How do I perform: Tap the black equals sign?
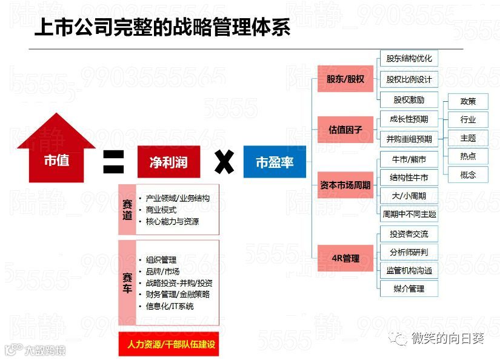pyautogui.click(x=113, y=162)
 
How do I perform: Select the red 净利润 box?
pyautogui.click(x=168, y=162)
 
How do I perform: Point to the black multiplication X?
pyautogui.click(x=224, y=162)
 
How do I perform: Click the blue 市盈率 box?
pyautogui.click(x=275, y=162)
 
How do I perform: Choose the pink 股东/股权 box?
pyautogui.click(x=345, y=79)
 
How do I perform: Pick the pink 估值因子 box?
pyautogui.click(x=345, y=129)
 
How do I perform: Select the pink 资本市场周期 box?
pyautogui.click(x=345, y=185)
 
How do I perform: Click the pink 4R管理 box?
pyautogui.click(x=345, y=258)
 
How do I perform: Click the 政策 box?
pyautogui.click(x=467, y=101)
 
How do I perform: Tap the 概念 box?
pyautogui.click(x=467, y=175)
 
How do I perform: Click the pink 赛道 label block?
pyautogui.click(x=127, y=209)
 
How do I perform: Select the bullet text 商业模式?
pyautogui.click(x=161, y=210)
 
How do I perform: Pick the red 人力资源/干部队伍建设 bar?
pyautogui.click(x=168, y=344)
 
